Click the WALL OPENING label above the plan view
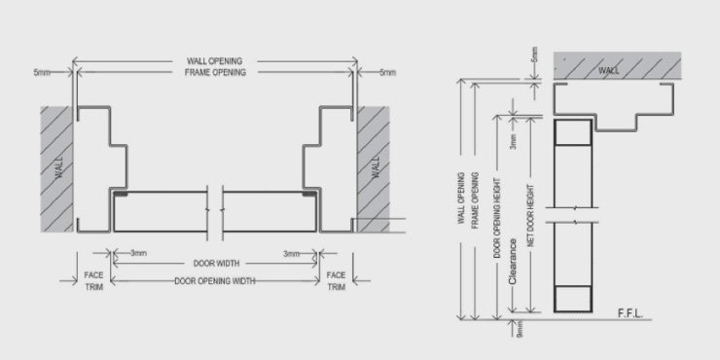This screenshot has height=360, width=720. coord(216,62)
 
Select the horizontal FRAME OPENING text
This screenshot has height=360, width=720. coord(216,73)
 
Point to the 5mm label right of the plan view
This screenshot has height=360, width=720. coord(387,72)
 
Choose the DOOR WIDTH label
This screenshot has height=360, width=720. coord(215,263)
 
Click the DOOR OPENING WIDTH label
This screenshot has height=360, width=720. coord(215,281)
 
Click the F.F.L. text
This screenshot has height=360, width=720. coord(632,314)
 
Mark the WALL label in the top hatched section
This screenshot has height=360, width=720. coord(607,70)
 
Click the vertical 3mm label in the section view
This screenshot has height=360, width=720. coord(513,143)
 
